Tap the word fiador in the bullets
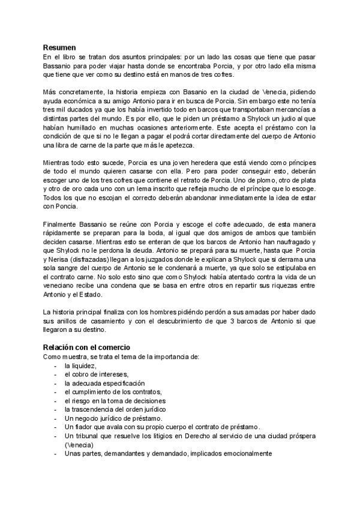pyautogui.click(x=89, y=426)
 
